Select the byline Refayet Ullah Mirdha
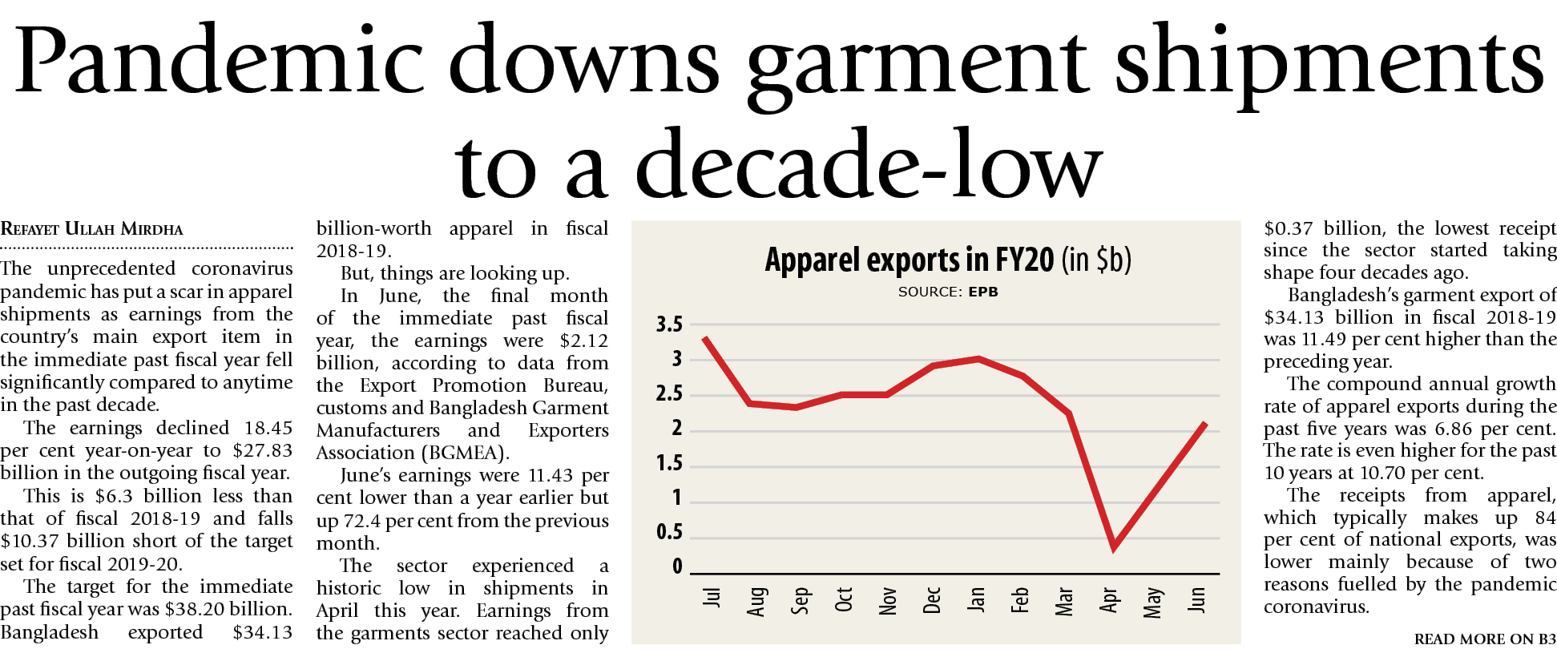(x=92, y=229)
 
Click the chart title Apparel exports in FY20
(x=910, y=260)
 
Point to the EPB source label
(x=983, y=292)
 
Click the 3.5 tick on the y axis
(x=669, y=324)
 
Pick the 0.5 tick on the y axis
(x=669, y=532)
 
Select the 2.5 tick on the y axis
(x=669, y=393)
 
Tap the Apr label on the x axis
(x=1109, y=600)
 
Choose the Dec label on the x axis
(x=932, y=600)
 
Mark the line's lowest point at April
(x=1114, y=548)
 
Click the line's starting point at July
(x=704, y=338)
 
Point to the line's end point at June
(x=1205, y=423)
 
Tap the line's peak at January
(x=978, y=358)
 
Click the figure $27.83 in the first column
(x=263, y=450)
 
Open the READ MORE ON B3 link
(x=1484, y=639)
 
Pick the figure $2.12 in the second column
(x=584, y=341)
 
